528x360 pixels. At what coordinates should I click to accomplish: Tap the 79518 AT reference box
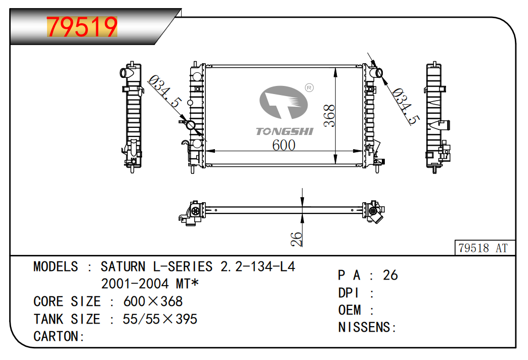482,248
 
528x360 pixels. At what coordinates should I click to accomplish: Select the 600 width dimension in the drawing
283,145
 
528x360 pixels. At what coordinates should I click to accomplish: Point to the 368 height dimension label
329,116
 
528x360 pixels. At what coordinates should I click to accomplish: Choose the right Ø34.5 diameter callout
406,106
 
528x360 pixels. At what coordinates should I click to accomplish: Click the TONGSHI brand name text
285,131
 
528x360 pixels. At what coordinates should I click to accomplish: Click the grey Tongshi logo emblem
283,104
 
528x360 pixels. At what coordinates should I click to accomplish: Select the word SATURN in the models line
121,266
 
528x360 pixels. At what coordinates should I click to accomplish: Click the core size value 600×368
153,302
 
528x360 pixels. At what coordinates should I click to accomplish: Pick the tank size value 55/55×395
160,320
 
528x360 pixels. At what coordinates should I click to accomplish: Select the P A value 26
390,275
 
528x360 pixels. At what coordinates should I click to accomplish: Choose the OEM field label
350,310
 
